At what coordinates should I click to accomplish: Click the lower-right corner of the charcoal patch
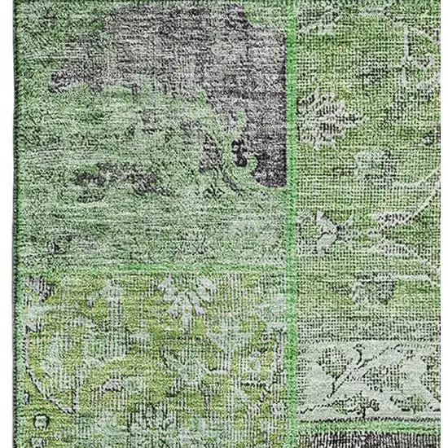282,183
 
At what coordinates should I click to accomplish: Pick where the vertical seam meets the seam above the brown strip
294,422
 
